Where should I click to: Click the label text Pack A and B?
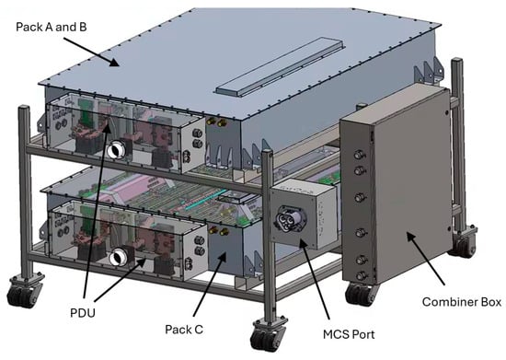52,27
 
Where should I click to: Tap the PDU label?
83,313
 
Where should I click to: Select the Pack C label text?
184,330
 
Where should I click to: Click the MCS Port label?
349,334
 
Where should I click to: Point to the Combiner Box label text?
462,302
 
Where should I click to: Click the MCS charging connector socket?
290,218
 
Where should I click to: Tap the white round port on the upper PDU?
115,150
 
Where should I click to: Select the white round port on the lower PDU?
118,257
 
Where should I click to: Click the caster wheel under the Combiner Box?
360,294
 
